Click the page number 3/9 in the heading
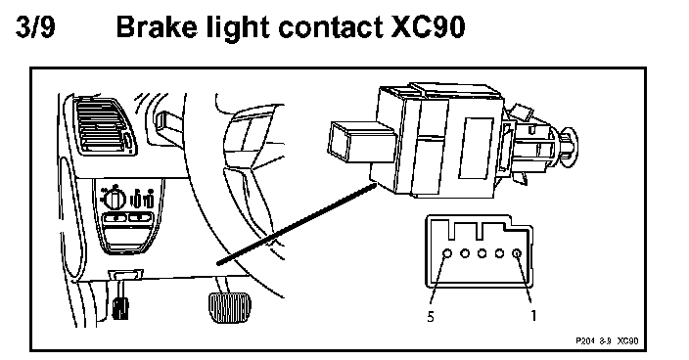click(35, 26)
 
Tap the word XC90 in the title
click(428, 27)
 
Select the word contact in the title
click(332, 27)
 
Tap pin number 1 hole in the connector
click(517, 253)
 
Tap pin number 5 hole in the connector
click(447, 253)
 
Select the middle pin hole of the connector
click(482, 253)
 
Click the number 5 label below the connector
click(431, 317)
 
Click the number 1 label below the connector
click(533, 316)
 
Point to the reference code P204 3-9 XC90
click(607, 340)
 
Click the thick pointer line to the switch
click(298, 224)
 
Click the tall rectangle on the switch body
click(476, 148)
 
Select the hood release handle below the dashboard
click(120, 302)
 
